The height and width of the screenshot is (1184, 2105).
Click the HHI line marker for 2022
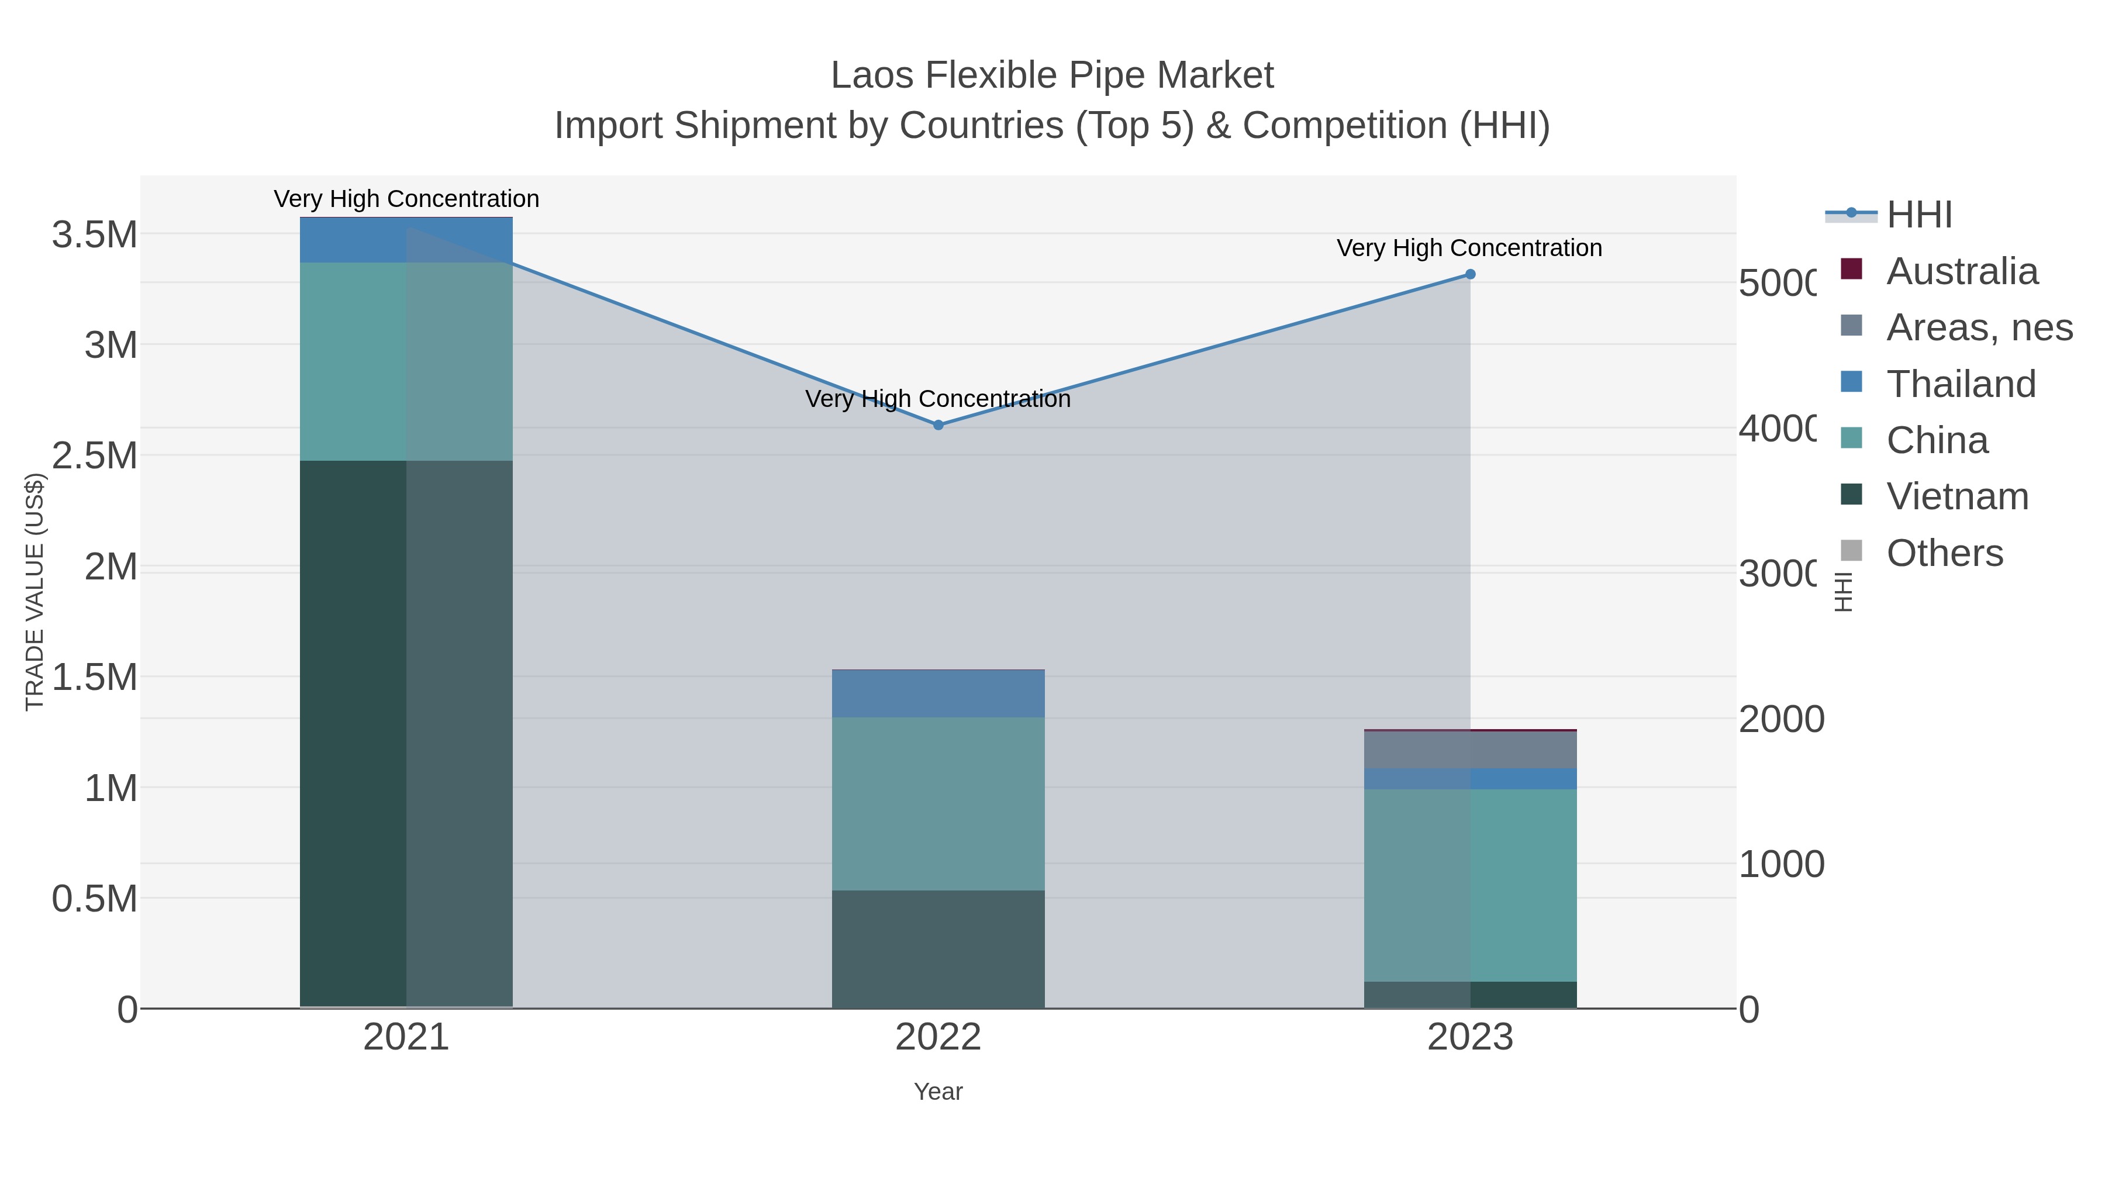coord(938,425)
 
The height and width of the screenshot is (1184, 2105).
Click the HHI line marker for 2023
coord(1470,275)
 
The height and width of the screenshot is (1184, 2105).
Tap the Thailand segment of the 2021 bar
coord(406,240)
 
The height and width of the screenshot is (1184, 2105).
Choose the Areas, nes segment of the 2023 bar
coord(1470,750)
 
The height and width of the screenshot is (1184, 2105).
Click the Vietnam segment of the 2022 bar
coord(938,949)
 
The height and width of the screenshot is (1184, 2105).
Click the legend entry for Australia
coord(1961,271)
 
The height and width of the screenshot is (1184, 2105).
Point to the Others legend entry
coord(1944,553)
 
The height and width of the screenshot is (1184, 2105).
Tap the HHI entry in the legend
coord(1918,215)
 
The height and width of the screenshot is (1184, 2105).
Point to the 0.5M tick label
coord(95,899)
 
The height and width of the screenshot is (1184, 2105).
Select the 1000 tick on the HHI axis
coord(1780,865)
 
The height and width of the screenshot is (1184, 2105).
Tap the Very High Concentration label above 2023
coord(1469,247)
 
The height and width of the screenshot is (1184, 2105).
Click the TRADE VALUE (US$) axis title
coord(34,592)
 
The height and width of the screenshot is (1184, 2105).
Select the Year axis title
coord(938,1092)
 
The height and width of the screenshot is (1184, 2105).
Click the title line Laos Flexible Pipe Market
coord(1052,75)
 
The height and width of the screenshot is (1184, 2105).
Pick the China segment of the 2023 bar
coord(1470,885)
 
